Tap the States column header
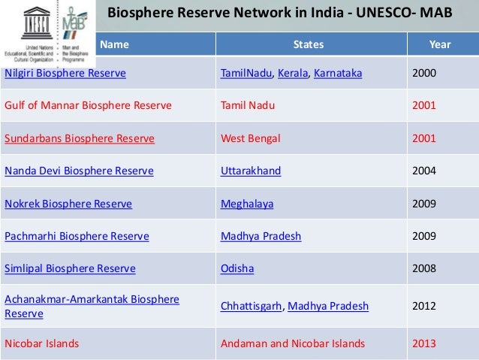[309, 44]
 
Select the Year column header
[439, 44]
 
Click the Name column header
[114, 44]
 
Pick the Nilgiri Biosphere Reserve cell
[65, 74]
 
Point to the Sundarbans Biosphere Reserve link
[80, 138]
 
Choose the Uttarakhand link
[251, 171]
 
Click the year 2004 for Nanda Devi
[425, 171]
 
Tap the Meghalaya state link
[247, 203]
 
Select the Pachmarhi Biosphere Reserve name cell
[77, 236]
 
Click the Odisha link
[237, 268]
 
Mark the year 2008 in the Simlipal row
[425, 268]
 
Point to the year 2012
[425, 306]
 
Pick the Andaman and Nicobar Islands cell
[293, 344]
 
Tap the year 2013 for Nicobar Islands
[425, 344]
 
